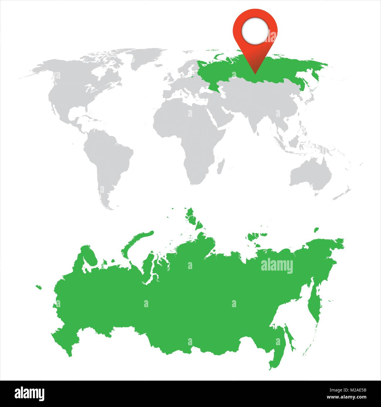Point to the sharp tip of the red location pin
tap(255, 73)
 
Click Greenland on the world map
tap(147, 57)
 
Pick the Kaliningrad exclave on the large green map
tap(38, 287)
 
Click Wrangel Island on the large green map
tap(316, 230)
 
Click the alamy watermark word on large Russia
tap(277, 266)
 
